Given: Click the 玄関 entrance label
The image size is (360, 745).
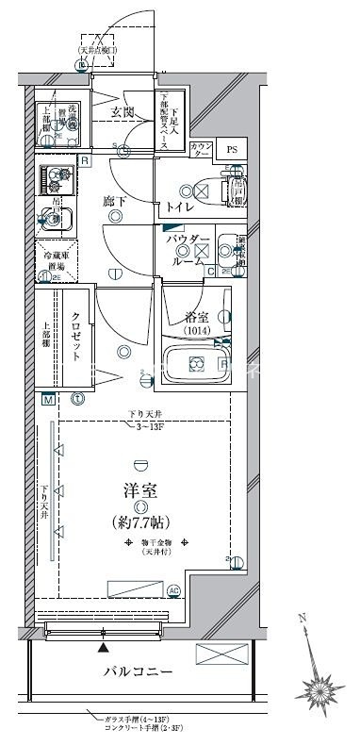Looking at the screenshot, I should point(122,113).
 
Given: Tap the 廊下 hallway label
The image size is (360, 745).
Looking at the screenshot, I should point(116,200).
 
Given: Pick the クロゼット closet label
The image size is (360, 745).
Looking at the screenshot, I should point(76,337).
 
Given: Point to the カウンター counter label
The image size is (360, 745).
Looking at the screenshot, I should point(201,150).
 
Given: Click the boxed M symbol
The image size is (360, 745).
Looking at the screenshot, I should point(45,399).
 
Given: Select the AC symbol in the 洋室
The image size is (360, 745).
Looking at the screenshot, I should point(173,591).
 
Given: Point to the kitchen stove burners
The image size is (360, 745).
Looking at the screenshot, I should point(56,177).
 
